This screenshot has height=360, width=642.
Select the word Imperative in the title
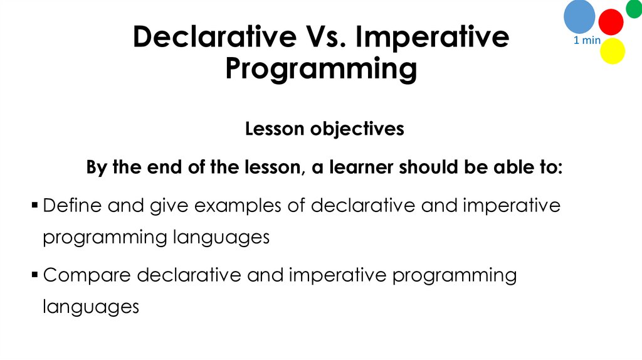coord(433,38)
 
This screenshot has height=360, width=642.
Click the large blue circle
coord(579,16)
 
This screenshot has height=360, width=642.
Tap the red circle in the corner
coord(611,22)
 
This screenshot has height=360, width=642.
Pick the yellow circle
coord(613,51)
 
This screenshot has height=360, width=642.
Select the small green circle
coord(634,9)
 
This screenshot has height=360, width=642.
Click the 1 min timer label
coord(587,41)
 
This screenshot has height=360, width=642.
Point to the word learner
coord(362,168)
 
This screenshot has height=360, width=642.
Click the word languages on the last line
coord(90,307)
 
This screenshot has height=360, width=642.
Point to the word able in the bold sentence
coord(503,168)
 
